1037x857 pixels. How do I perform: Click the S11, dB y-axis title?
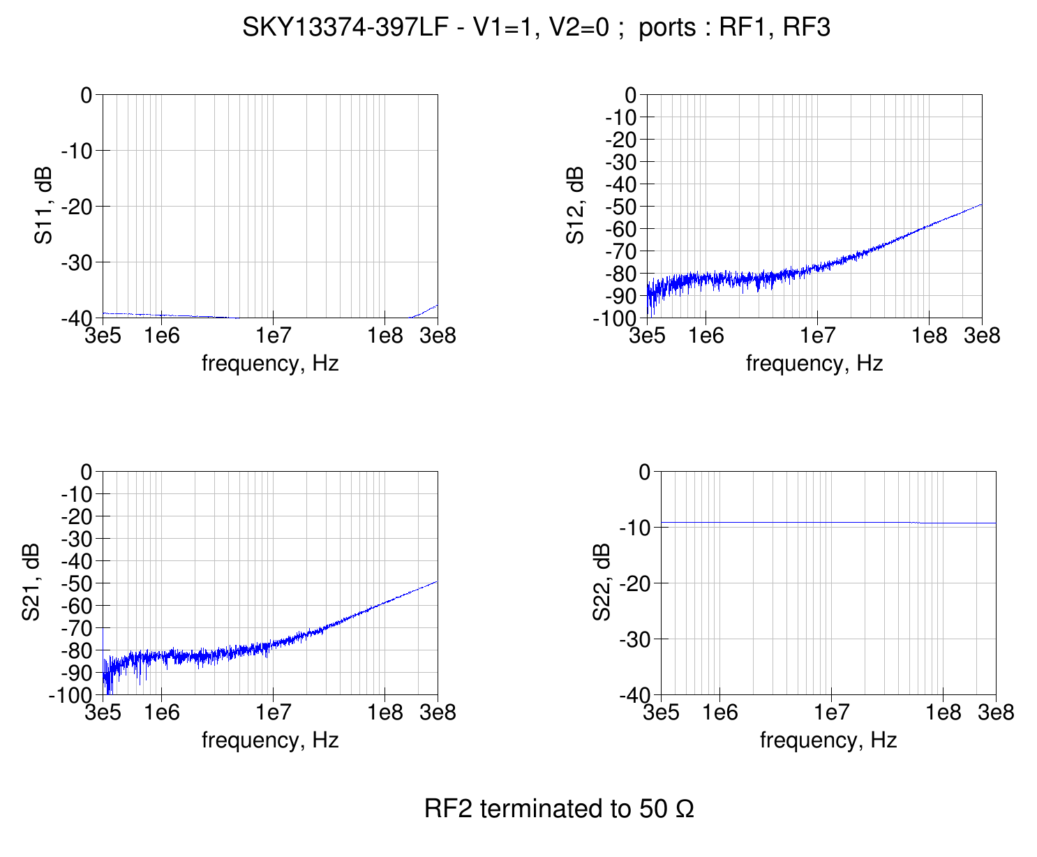pos(44,206)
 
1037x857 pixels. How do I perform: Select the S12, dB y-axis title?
pos(575,206)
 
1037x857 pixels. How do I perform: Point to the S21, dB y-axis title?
pos(30,583)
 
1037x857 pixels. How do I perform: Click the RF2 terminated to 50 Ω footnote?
pos(559,809)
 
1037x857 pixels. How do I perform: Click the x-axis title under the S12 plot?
pos(814,364)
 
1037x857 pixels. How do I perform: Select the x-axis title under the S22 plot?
pos(828,740)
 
